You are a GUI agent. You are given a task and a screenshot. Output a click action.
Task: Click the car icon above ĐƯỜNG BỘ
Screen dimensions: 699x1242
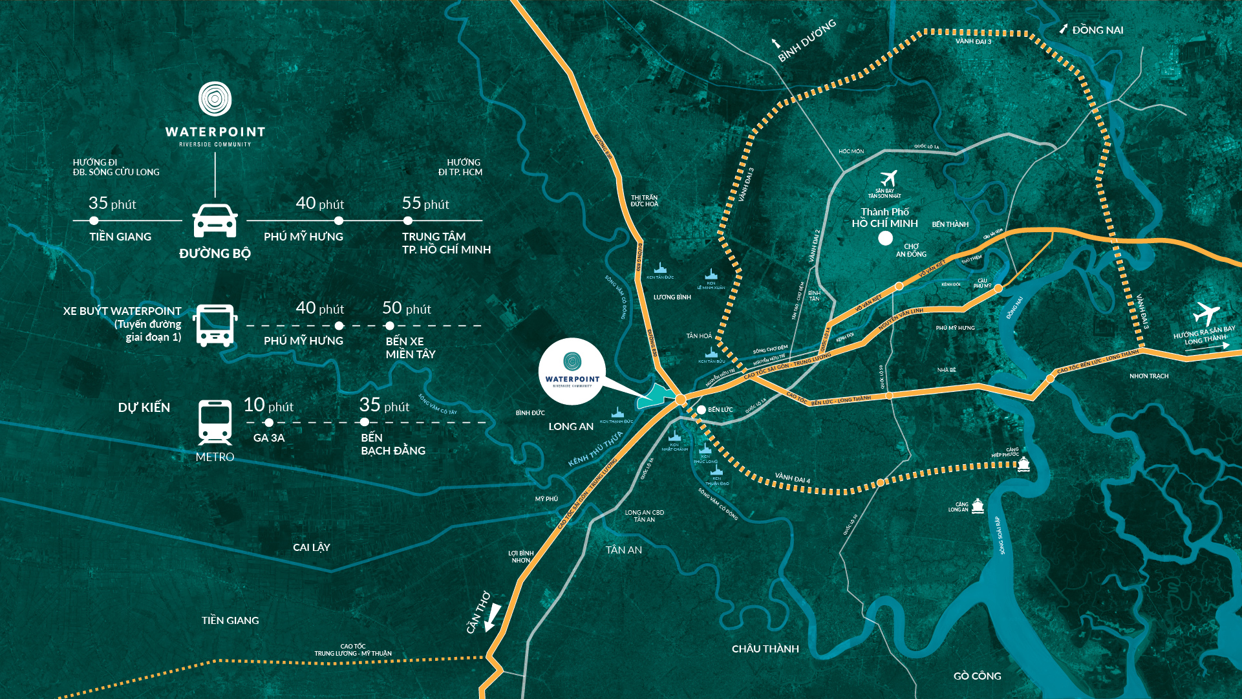pos(215,220)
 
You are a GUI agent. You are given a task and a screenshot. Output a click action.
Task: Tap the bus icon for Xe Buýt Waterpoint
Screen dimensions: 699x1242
pos(215,325)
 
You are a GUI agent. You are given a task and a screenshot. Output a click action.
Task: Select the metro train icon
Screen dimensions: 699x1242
pos(215,422)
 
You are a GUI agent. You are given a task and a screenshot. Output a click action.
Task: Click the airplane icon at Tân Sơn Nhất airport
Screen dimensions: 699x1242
pos(889,178)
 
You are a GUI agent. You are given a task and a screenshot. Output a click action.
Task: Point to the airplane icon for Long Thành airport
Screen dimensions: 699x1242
pos(1206,314)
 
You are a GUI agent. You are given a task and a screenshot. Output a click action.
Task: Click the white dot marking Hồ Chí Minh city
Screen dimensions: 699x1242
pos(885,238)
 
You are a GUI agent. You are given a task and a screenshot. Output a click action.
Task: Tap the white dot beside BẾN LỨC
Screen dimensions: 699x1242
pos(701,409)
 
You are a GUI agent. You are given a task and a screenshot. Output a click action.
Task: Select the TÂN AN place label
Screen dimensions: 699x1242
pos(623,550)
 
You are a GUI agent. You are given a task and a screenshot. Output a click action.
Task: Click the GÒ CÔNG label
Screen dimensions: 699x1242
pos(977,676)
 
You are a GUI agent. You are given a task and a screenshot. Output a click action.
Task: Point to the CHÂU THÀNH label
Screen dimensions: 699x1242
pos(765,649)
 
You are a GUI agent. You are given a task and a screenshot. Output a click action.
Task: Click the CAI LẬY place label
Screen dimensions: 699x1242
pos(311,547)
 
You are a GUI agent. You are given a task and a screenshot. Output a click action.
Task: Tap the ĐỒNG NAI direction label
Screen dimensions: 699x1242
pos(1097,30)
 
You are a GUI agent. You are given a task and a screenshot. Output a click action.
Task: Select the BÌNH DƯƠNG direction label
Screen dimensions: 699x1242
pos(807,40)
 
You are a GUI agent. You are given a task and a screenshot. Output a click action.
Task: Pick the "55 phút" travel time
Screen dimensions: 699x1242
pos(425,204)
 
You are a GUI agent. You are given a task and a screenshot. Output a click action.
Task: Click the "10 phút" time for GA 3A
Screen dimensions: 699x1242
pos(268,405)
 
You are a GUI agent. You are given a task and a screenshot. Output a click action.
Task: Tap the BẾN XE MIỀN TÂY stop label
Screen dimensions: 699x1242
pos(411,347)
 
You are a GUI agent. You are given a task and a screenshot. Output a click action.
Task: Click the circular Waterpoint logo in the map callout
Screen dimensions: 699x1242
pos(572,361)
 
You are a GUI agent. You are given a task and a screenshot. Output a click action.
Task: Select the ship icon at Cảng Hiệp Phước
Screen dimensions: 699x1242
pos(1023,464)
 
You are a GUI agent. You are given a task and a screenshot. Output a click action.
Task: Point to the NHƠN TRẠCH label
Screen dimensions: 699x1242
pos(1148,376)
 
